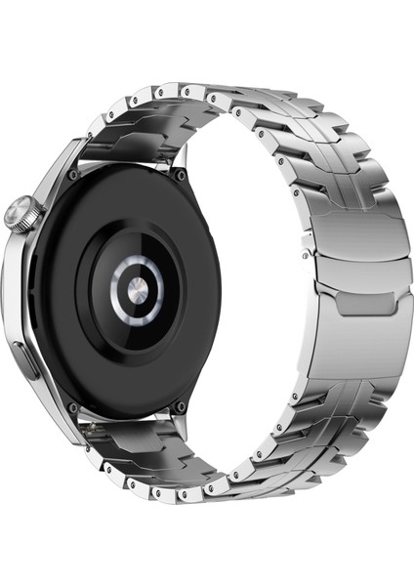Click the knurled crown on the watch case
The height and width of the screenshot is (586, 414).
tap(20, 211)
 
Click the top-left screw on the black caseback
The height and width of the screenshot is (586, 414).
tap(74, 174)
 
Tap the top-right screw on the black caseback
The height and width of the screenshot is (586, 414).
tap(180, 176)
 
